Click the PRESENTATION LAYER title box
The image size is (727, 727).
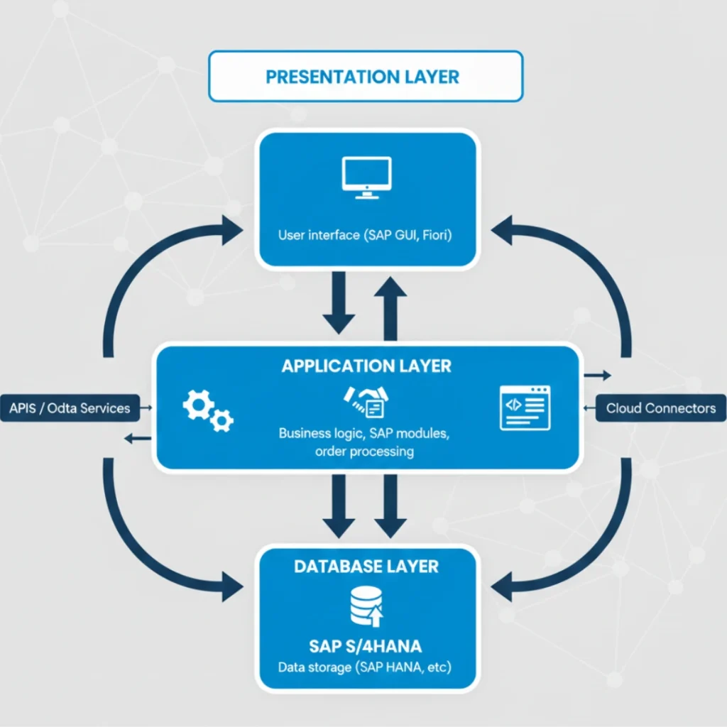pyautogui.click(x=365, y=77)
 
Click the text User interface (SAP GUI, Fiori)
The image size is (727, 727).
pyautogui.click(x=366, y=235)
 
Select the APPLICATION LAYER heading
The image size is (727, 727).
pyautogui.click(x=366, y=366)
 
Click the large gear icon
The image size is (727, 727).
pyautogui.click(x=198, y=405)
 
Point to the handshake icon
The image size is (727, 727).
pyautogui.click(x=365, y=400)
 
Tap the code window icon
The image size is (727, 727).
pyautogui.click(x=525, y=408)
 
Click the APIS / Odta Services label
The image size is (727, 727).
pyautogui.click(x=70, y=408)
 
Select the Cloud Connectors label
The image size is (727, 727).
pyautogui.click(x=661, y=408)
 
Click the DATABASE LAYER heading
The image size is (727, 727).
pyautogui.click(x=366, y=566)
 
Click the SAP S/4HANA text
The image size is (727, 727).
pyautogui.click(x=366, y=646)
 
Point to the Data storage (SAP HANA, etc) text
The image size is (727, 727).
pyautogui.click(x=366, y=668)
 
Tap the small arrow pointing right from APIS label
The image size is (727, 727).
pyautogui.click(x=146, y=408)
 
